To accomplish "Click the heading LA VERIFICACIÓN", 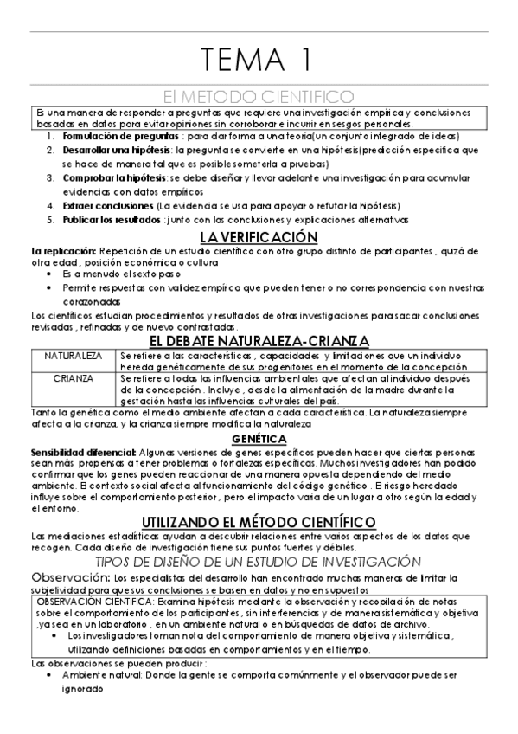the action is [259, 236].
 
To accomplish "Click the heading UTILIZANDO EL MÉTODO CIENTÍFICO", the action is [259, 521].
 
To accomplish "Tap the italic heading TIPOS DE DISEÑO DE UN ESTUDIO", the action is [259, 562].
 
